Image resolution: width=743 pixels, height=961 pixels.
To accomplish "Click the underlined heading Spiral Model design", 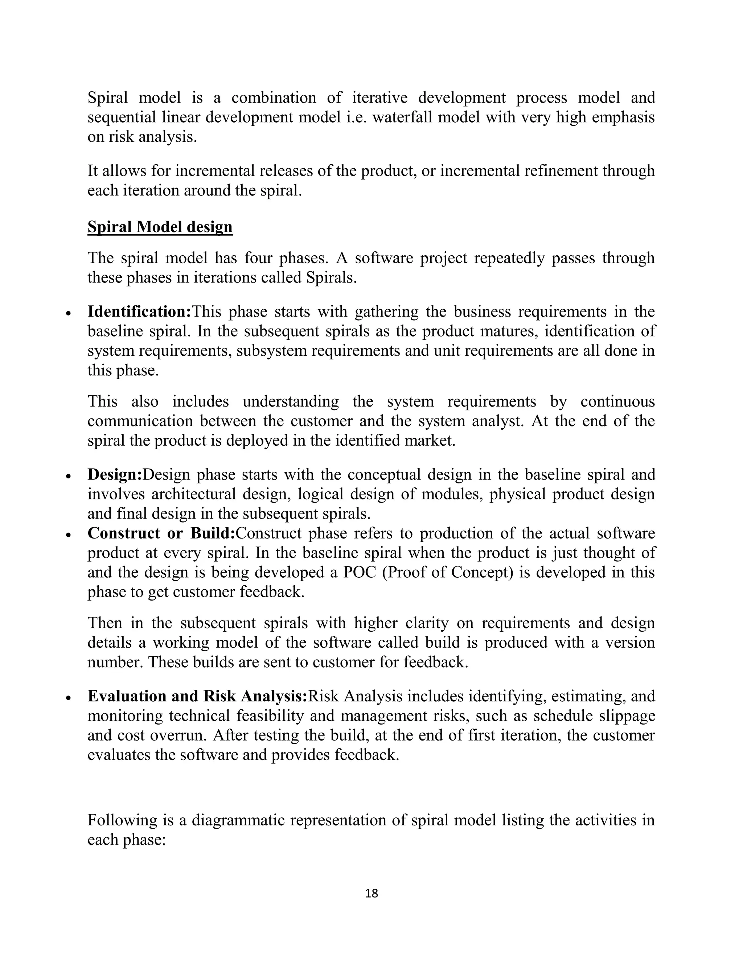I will point(160,227).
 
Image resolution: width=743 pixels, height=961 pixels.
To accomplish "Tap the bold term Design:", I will point(115,474).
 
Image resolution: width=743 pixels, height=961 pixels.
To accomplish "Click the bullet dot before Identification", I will point(68,314).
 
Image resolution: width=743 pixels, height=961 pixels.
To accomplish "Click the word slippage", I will point(627,716).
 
